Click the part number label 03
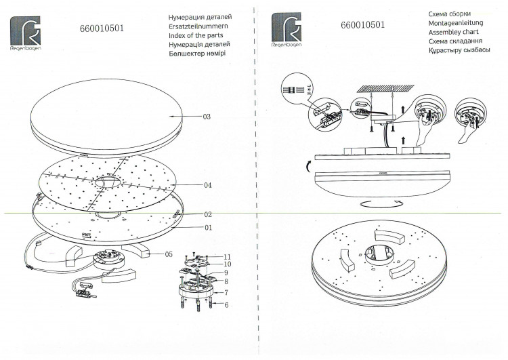(x=207, y=117)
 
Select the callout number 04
(x=208, y=185)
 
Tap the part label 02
(x=208, y=214)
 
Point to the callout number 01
(x=208, y=228)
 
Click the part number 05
(x=169, y=254)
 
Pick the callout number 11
(x=227, y=257)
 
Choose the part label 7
(x=226, y=292)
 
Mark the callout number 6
(x=226, y=305)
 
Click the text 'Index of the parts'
(x=196, y=35)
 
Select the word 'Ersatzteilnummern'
(x=198, y=26)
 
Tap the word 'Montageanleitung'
(x=456, y=23)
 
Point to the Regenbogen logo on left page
(x=26, y=33)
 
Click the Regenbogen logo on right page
(x=287, y=30)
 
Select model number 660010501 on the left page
(x=102, y=28)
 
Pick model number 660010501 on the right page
(x=363, y=25)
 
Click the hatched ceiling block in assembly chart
(x=385, y=88)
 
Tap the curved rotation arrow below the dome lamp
(x=383, y=203)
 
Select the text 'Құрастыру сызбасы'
(x=459, y=50)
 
